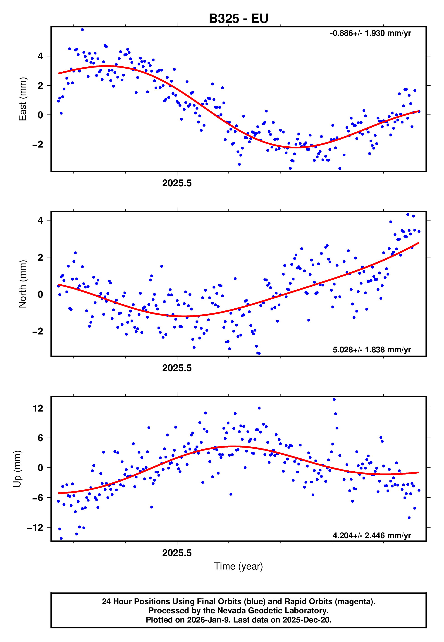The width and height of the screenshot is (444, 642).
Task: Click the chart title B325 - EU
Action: pyautogui.click(x=239, y=19)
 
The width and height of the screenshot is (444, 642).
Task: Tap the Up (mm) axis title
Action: pyautogui.click(x=17, y=469)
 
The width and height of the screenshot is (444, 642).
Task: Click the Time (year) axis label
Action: pyautogui.click(x=239, y=566)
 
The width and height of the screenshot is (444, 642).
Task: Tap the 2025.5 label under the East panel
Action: pyautogui.click(x=177, y=183)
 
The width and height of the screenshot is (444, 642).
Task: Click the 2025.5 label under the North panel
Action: pyautogui.click(x=177, y=368)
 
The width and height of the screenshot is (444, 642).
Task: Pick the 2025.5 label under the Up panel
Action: pyautogui.click(x=177, y=553)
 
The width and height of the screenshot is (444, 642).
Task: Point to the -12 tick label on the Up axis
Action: pyautogui.click(x=35, y=528)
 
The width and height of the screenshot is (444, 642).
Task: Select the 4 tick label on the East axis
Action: pyautogui.click(x=41, y=56)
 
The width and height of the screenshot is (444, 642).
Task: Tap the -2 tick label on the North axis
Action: pyautogui.click(x=38, y=331)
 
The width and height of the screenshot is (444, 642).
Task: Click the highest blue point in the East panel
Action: pyautogui.click(x=82, y=29)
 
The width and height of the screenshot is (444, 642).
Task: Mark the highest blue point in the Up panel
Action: pyautogui.click(x=334, y=399)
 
